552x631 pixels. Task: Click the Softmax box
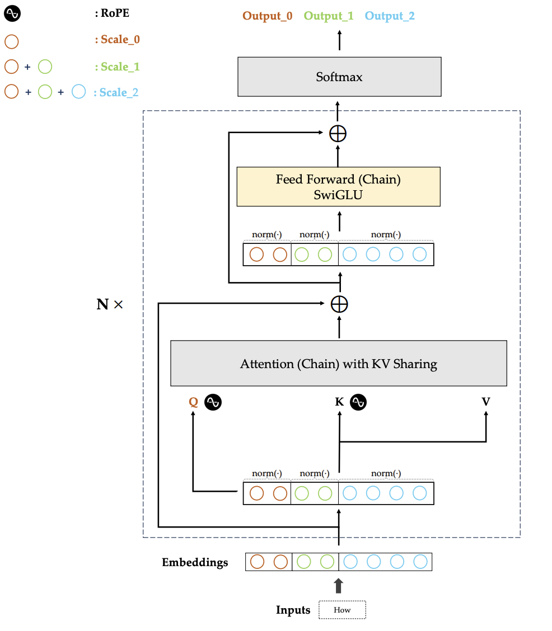coord(339,77)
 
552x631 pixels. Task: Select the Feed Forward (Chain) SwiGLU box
coord(338,187)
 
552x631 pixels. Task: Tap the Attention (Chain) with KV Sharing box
coord(339,364)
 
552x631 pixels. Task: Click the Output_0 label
coord(268,16)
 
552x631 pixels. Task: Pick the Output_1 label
coord(329,16)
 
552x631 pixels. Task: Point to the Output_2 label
coord(390,16)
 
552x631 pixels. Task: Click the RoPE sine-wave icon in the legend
coord(12,13)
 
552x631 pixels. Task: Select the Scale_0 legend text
coord(118,39)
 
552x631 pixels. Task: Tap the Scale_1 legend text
coord(118,67)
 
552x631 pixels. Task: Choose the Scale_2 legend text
coord(116,92)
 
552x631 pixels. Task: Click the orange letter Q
coord(193,402)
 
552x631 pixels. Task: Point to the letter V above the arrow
coord(486,402)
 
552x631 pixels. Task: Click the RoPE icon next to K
coord(358,402)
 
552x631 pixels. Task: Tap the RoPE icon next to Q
coord(213,402)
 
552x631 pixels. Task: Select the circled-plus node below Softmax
coord(338,134)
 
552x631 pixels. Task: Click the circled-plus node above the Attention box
coord(339,304)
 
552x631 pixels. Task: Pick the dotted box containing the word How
coord(342,610)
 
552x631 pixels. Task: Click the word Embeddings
coord(195,562)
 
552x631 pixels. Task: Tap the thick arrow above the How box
coord(339,586)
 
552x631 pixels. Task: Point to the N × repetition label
coord(110,304)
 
